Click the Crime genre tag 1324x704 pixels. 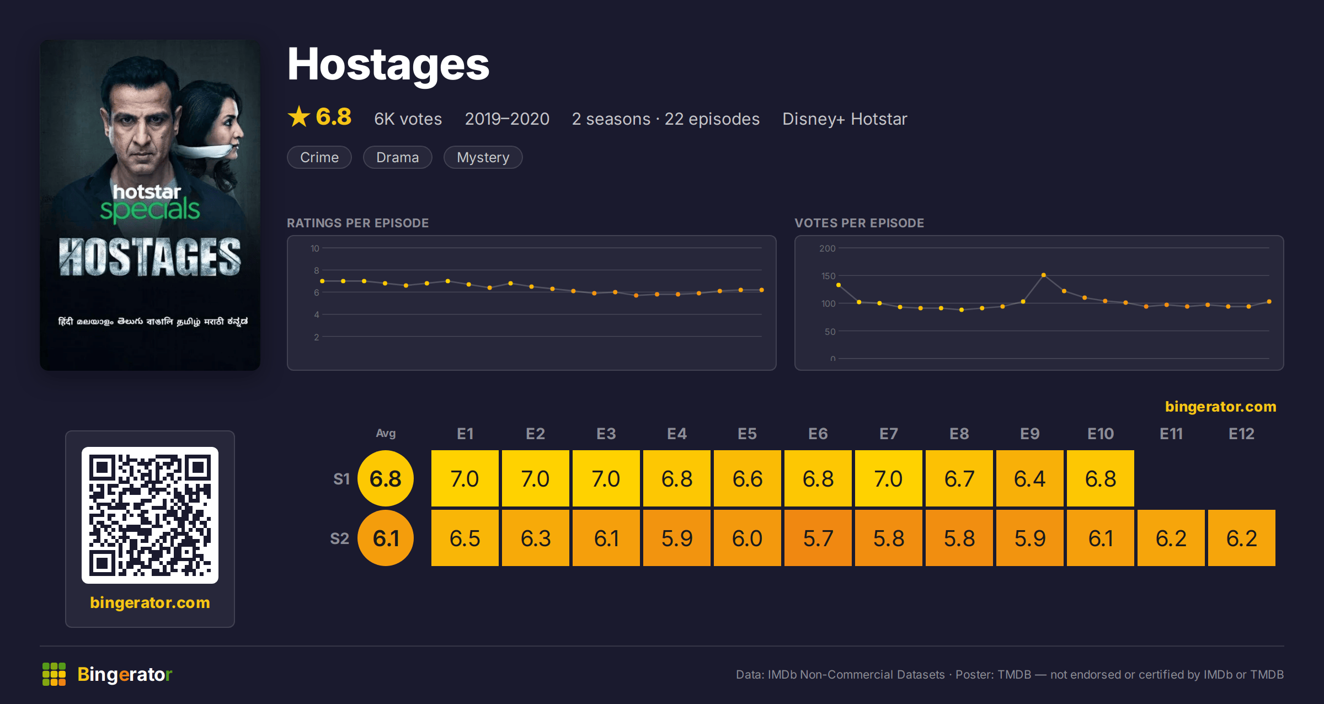click(319, 157)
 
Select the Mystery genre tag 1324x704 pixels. click(483, 157)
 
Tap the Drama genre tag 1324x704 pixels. click(397, 157)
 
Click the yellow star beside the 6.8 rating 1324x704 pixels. click(299, 116)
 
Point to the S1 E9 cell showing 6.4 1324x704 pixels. click(1030, 478)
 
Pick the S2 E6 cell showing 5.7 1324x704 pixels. click(818, 538)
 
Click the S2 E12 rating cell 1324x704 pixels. click(1242, 538)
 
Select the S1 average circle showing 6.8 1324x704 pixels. click(386, 478)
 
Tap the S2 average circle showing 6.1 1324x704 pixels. click(386, 538)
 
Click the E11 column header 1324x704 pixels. click(1171, 434)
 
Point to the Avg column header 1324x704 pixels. click(386, 433)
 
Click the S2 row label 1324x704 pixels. click(339, 538)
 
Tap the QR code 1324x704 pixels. click(150, 515)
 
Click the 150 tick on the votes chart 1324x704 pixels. click(828, 276)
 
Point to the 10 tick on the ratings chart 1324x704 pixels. click(315, 248)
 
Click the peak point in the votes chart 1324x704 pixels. click(1044, 275)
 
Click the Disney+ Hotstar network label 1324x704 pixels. click(845, 119)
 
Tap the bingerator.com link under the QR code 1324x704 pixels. click(150, 602)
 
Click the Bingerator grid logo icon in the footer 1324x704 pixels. click(54, 674)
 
